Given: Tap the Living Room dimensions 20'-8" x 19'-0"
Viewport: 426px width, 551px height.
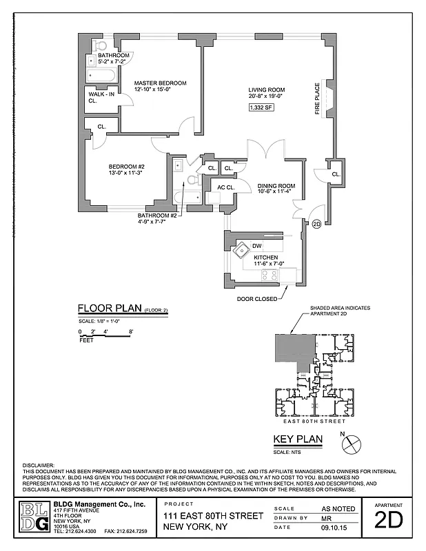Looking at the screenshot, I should coord(266,97).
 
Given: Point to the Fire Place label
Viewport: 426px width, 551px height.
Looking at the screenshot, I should coord(318,100).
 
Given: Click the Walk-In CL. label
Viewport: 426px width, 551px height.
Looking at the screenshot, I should coord(97,97).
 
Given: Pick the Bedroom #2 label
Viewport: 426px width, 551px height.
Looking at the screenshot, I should coord(126,166).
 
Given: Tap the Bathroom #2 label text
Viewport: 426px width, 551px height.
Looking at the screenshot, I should coord(158,216).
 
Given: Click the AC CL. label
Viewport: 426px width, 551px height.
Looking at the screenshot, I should coord(226,187).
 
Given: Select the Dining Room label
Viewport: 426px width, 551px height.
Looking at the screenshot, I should coord(276,186).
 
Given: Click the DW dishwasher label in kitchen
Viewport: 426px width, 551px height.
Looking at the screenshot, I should coord(256,246).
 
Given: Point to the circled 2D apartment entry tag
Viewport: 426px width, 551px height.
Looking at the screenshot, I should coord(316,223).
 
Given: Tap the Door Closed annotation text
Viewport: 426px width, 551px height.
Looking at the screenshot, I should coord(257,299).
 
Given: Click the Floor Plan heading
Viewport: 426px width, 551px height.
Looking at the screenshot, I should coord(108,309).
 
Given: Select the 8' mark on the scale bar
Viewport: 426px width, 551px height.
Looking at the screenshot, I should coord(130,332).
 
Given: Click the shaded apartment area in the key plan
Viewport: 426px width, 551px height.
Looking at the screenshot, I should coord(290,351).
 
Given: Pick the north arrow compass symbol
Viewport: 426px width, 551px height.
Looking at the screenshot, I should coord(352,441).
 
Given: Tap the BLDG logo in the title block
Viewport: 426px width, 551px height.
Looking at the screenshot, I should coord(34,517).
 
